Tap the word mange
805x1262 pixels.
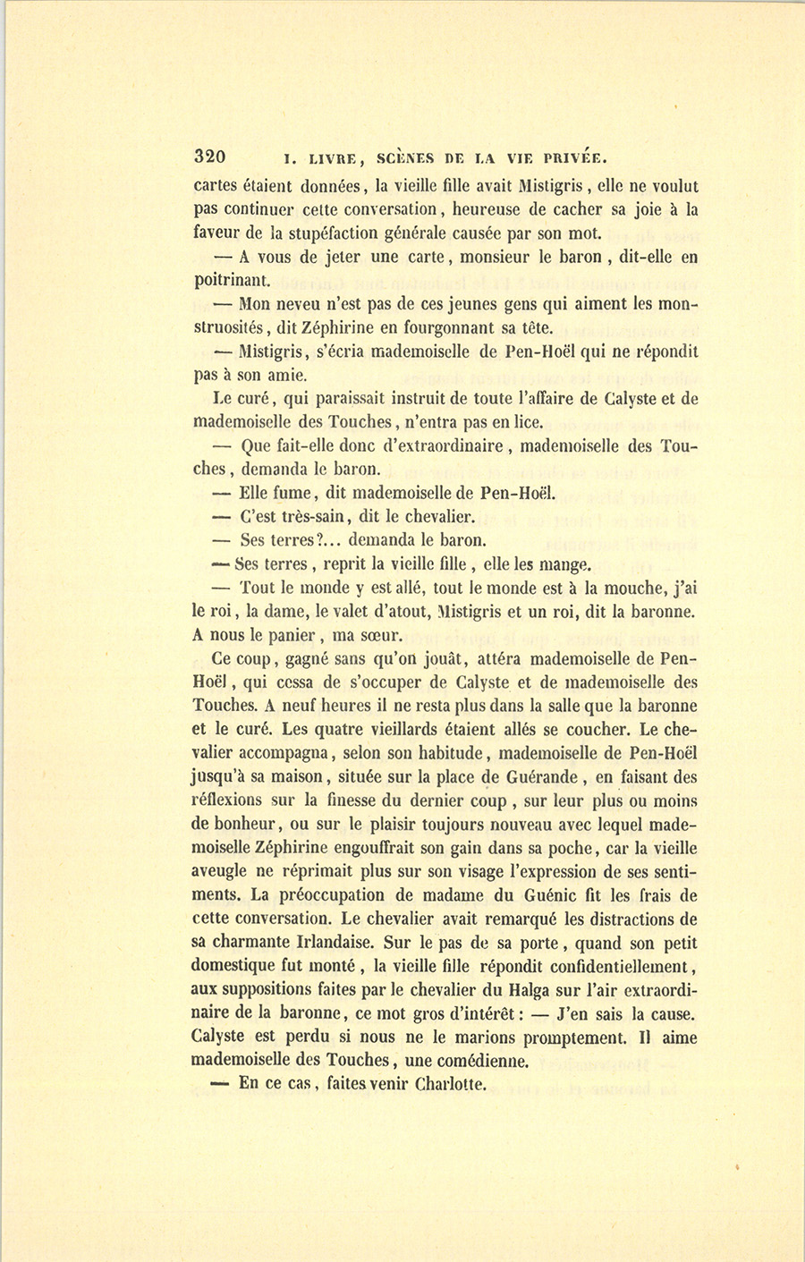click(x=565, y=564)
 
